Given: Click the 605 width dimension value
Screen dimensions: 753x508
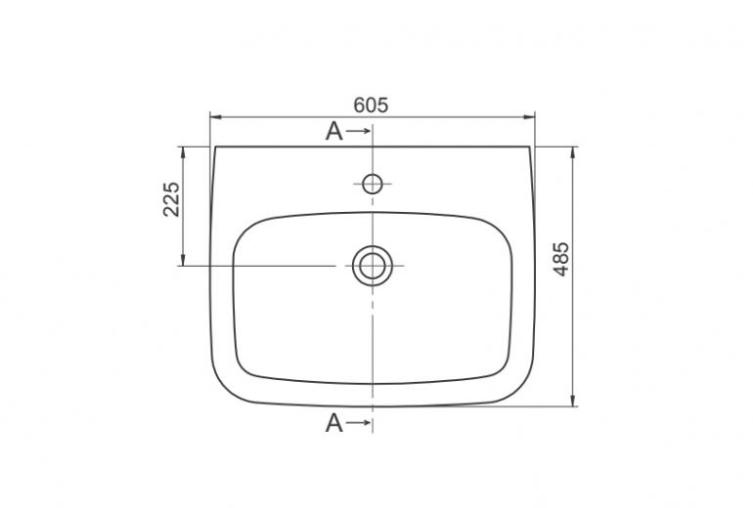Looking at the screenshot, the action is (x=371, y=106).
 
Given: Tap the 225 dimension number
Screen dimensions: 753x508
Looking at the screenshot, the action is (x=171, y=199).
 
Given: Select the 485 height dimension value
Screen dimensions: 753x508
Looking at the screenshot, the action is (x=561, y=259).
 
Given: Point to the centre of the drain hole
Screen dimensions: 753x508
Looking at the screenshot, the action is (x=373, y=266).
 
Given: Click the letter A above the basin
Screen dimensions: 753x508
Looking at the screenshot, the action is (x=334, y=131).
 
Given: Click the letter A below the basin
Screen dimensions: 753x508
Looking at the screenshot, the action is (x=334, y=423).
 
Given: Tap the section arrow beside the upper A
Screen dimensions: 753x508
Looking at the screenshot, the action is (x=358, y=131).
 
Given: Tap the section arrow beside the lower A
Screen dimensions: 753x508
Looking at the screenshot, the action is (x=358, y=423).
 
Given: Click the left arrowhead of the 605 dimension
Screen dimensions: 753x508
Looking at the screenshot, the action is (x=215, y=116).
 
